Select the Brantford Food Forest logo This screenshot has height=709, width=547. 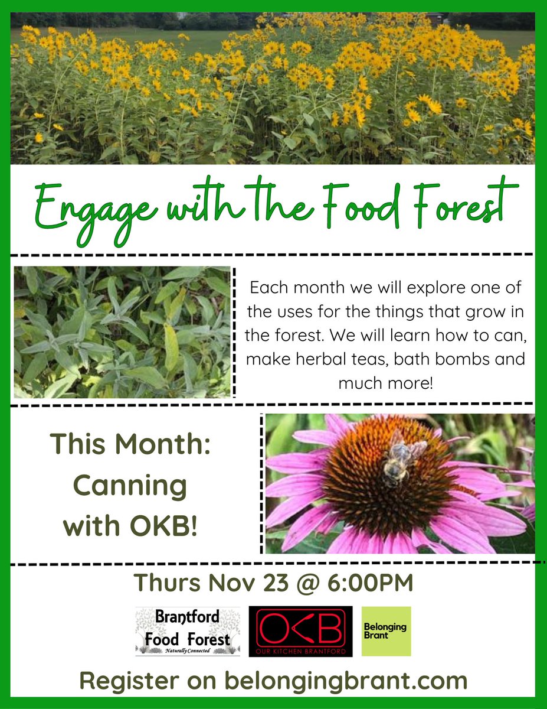[x=188, y=631]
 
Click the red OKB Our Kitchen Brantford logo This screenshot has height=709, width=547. [x=300, y=631]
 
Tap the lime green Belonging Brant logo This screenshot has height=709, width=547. [x=386, y=631]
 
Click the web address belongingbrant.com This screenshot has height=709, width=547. [x=346, y=681]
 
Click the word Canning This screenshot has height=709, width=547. [x=130, y=486]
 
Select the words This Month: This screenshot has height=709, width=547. [x=130, y=444]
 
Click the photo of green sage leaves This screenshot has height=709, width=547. [x=122, y=331]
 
